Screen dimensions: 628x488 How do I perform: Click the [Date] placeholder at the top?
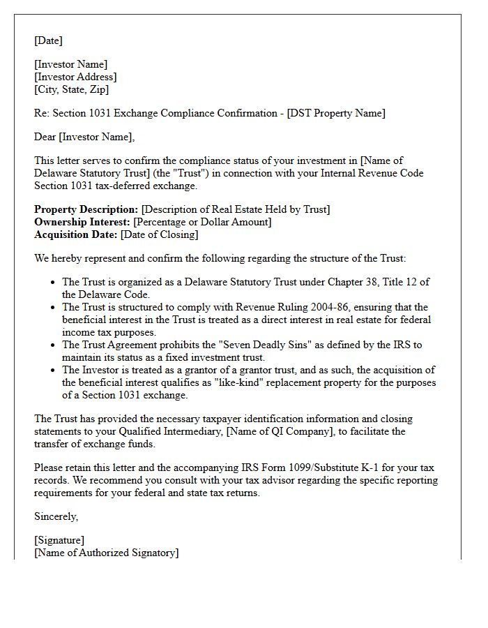48,40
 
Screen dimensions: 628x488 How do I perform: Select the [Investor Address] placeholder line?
75,77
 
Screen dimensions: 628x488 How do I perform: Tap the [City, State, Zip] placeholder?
71,89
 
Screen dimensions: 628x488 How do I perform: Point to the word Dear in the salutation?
45,137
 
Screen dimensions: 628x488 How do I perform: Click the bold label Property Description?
86,209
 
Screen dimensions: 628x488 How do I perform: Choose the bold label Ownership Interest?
82,222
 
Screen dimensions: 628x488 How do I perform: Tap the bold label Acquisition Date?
76,234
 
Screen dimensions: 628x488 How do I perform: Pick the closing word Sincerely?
56,516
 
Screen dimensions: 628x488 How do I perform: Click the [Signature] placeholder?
59,540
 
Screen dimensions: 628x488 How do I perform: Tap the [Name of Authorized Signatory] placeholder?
106,553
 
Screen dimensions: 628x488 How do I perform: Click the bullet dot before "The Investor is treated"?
54,371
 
